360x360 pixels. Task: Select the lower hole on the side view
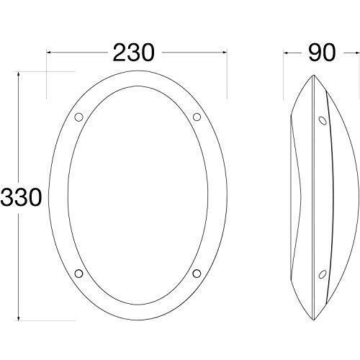pos(320,271)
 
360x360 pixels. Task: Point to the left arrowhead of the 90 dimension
pos(287,52)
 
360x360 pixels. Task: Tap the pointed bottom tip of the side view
pos(315,317)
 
